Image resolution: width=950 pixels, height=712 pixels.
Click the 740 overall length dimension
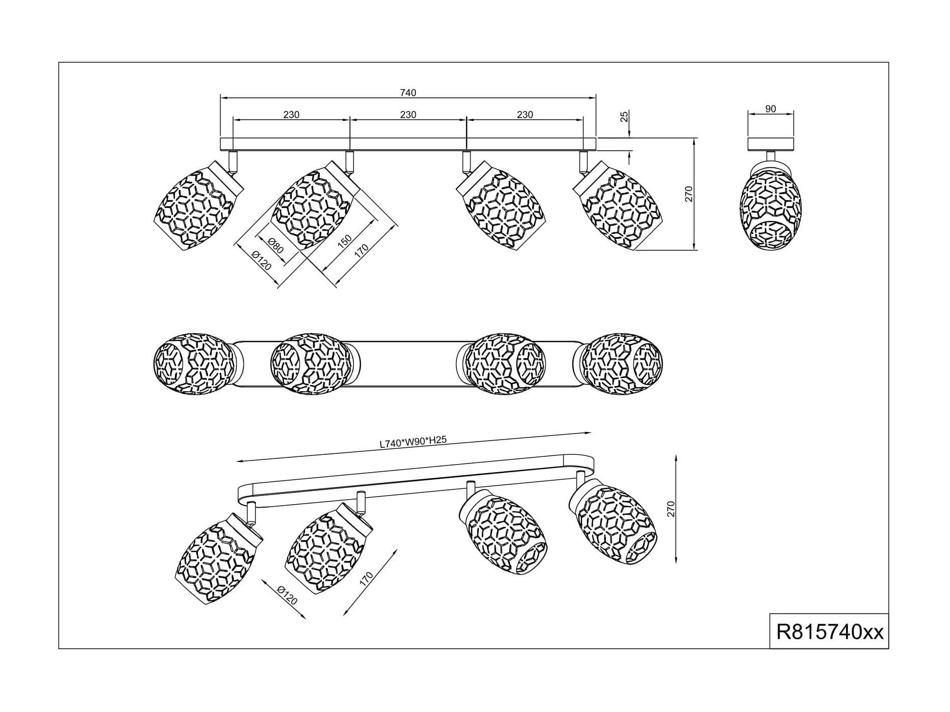pos(408,92)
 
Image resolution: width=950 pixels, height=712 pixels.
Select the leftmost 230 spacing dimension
pos(291,115)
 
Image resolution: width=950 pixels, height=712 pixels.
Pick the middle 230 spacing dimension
pos(408,115)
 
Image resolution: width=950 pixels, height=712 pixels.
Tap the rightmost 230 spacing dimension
pos(525,115)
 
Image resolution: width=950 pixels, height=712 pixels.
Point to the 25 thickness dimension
pos(625,116)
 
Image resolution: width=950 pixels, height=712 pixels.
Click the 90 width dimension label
pos(771,108)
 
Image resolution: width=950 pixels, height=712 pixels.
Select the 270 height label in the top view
pos(689,194)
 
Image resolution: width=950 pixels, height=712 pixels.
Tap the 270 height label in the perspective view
pos(671,509)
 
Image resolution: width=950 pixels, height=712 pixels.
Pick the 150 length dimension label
pos(345,241)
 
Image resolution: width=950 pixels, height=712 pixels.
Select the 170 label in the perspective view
pos(366,579)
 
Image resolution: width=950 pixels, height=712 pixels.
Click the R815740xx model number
pos(830,632)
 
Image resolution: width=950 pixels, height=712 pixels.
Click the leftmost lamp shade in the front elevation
pos(198,205)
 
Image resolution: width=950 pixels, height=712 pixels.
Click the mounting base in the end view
pos(771,144)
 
